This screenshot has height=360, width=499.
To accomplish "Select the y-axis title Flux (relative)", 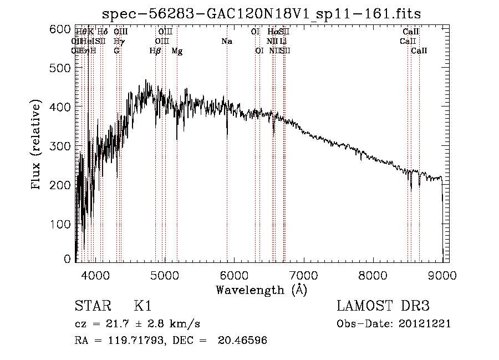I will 37,145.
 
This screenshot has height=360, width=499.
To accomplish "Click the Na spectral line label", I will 226,42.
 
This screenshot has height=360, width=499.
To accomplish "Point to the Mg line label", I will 177,51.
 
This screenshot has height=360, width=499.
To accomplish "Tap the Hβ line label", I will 155,51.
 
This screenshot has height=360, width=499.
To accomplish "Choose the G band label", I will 116,51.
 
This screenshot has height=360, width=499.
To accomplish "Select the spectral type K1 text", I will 142,306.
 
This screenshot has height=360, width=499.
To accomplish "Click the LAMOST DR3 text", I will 383,306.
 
